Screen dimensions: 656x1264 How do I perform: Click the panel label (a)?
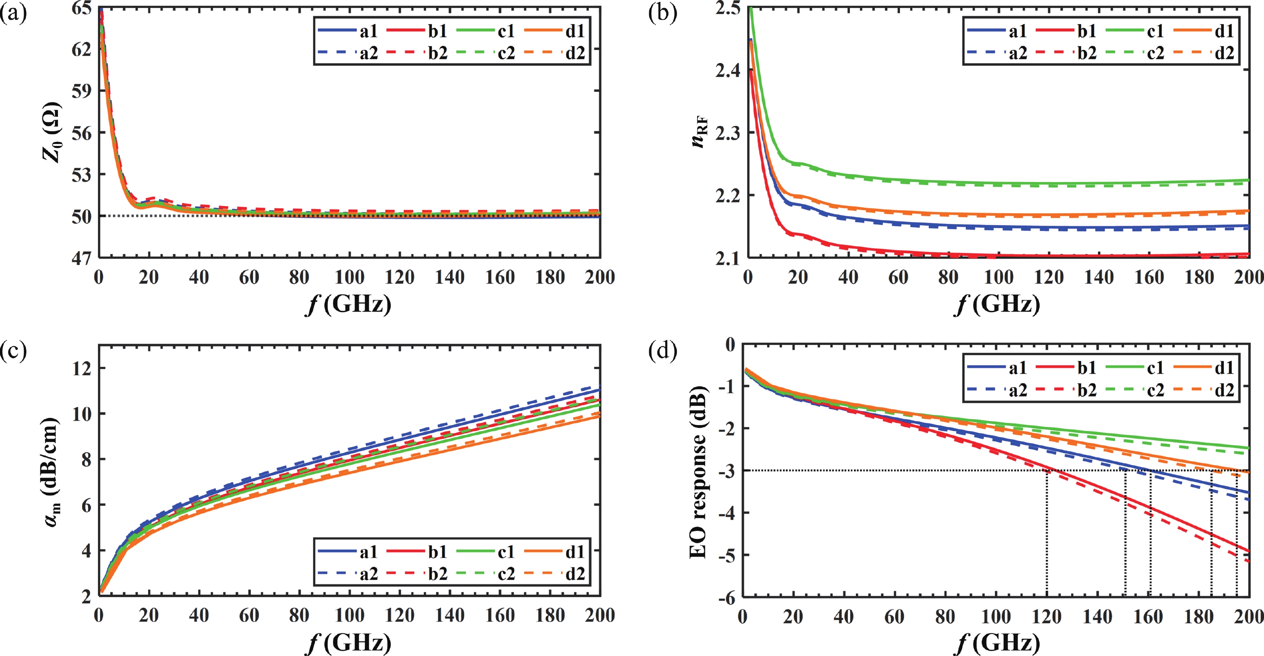coord(13,13)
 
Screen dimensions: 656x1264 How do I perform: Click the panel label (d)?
coord(662,351)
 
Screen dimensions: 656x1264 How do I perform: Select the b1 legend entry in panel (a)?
coord(418,31)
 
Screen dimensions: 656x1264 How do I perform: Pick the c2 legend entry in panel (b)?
coord(1135,53)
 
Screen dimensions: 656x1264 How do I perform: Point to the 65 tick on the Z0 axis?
coord(81,8)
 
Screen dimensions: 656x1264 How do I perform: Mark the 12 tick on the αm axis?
coord(82,368)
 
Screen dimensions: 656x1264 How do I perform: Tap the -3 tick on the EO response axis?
coord(727,471)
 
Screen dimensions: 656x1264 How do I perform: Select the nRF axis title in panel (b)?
coord(699,132)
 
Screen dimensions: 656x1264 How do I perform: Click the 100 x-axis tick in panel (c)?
coord(350,616)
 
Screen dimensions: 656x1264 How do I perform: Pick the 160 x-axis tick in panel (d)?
coord(1149,616)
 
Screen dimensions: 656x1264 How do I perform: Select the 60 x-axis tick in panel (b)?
coord(898,277)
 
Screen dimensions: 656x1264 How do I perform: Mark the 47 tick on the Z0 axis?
coord(81,258)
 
